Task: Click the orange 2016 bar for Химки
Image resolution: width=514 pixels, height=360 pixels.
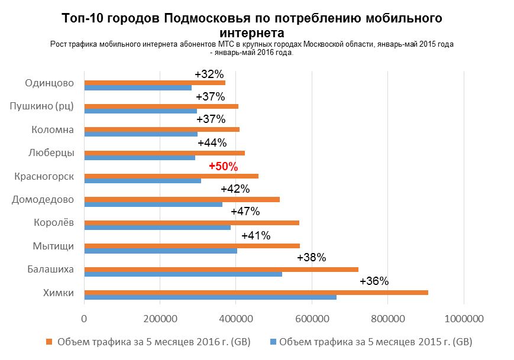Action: [x=256, y=292]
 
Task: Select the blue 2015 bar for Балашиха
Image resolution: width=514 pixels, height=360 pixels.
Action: [x=183, y=274]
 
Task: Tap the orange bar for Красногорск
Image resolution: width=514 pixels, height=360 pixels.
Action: [x=172, y=176]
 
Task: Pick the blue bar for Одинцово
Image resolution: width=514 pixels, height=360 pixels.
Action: [x=138, y=88]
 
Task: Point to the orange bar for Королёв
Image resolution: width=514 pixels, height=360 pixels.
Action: [x=192, y=222]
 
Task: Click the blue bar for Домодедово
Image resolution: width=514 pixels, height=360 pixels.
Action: [x=153, y=205]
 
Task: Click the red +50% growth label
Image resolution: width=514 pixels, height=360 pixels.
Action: [x=223, y=166]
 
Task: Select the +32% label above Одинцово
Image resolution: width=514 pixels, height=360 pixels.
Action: [x=209, y=74]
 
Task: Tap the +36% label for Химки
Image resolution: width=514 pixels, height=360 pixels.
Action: [x=374, y=281]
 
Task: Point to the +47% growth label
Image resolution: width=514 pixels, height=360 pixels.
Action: [x=245, y=211]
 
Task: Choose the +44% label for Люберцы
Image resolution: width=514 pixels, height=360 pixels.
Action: [x=212, y=142]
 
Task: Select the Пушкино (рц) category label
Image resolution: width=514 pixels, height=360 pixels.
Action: [x=42, y=106]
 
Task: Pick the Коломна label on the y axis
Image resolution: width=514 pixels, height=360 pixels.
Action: [x=53, y=129]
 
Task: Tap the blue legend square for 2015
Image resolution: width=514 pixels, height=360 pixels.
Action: [x=273, y=342]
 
